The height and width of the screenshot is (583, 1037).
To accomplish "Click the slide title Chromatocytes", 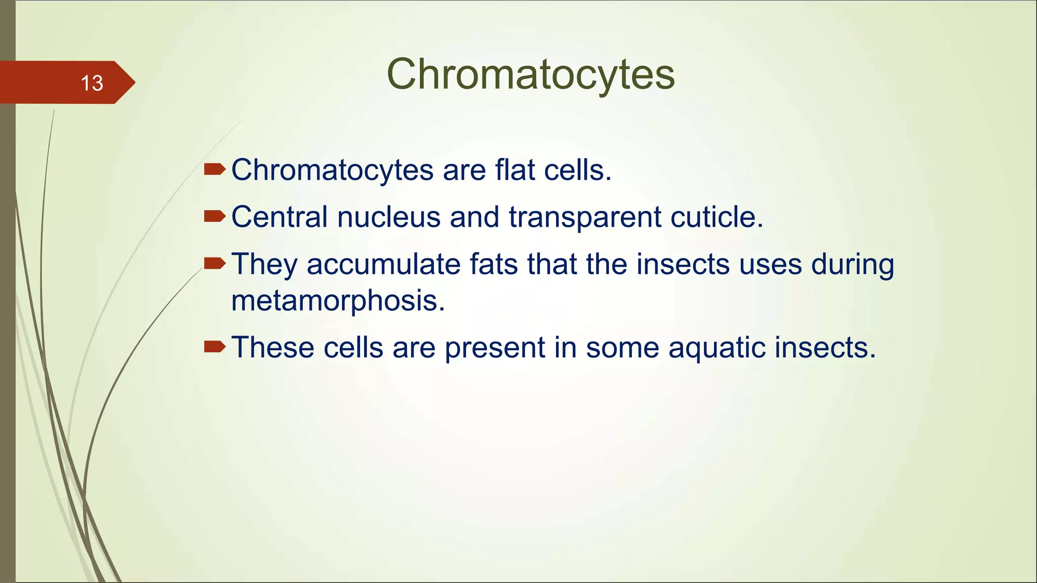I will click(x=530, y=74).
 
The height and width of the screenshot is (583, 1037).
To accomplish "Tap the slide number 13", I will click(x=92, y=83).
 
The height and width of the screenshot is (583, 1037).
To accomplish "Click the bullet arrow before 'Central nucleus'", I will click(x=214, y=217).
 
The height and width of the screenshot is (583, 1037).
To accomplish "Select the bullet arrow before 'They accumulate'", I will click(x=214, y=263).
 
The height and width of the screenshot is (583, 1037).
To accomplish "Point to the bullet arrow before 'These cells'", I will click(x=214, y=347).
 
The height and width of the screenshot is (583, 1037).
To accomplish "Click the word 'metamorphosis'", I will click(x=338, y=301).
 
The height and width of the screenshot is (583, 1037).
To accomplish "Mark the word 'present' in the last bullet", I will click(x=494, y=348).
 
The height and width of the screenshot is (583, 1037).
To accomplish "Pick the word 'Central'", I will click(x=280, y=217).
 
